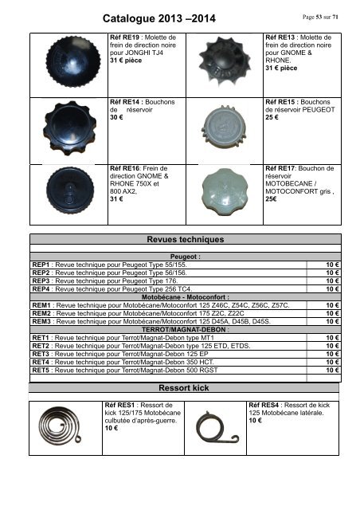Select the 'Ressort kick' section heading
click(x=183, y=389)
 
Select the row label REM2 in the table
click(x=41, y=312)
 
